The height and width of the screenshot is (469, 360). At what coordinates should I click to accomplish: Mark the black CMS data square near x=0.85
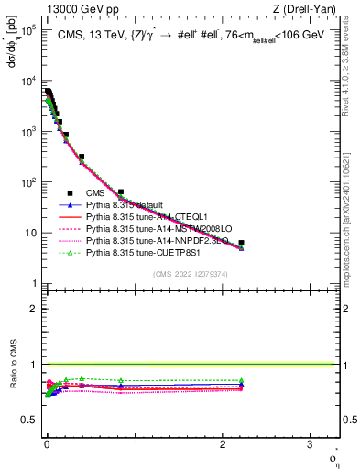121,192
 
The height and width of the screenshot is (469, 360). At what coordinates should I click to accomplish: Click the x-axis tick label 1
135,445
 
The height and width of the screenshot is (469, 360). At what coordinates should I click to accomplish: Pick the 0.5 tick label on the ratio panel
30,420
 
